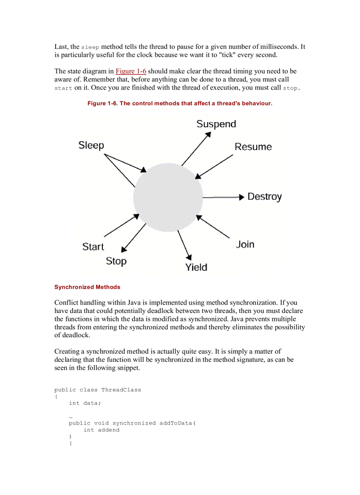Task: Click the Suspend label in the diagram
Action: (x=216, y=124)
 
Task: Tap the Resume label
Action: (x=253, y=147)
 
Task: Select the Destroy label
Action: (x=264, y=197)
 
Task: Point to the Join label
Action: (x=245, y=244)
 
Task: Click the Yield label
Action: (x=196, y=267)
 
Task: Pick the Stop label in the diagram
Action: (x=116, y=261)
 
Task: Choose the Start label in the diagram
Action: (x=93, y=247)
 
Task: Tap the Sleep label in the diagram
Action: (x=91, y=145)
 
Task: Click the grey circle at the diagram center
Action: (x=168, y=197)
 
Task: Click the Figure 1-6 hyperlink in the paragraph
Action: (x=131, y=71)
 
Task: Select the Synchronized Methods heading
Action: (x=87, y=287)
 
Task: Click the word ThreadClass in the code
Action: (x=121, y=390)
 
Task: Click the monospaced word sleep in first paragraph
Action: (x=90, y=47)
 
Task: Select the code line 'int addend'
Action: (x=101, y=430)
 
